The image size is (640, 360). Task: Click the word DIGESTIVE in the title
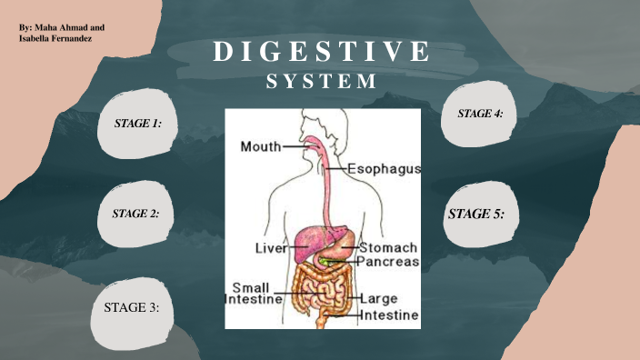tap(321, 52)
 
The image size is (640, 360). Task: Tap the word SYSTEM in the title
tap(321, 81)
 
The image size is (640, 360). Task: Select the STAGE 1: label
tap(137, 122)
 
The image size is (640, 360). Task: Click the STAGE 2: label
tap(135, 214)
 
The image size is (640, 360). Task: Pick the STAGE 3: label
tap(132, 308)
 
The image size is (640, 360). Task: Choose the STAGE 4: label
tap(480, 114)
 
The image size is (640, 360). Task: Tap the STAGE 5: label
tap(476, 215)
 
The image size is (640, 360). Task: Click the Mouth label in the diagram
tap(260, 145)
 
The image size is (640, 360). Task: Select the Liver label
tap(269, 247)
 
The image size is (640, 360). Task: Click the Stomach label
tap(388, 247)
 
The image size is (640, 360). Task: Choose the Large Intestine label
tap(389, 306)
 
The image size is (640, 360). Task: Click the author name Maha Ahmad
tap(66, 29)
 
